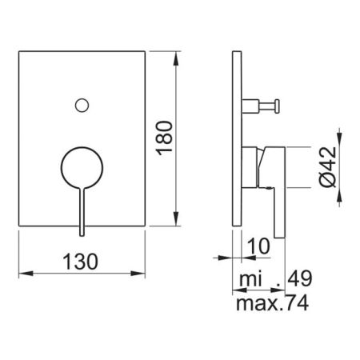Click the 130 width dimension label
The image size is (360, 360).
[x=80, y=262]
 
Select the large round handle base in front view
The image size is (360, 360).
[x=80, y=166]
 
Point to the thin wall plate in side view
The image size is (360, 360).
[x=235, y=141]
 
